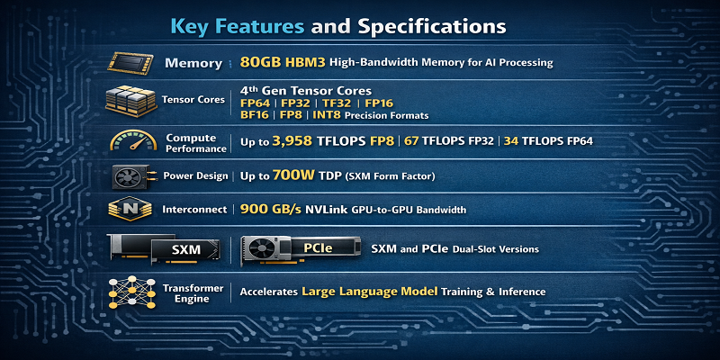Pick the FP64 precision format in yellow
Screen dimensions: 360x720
click(x=257, y=103)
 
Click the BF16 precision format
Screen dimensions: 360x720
click(x=256, y=115)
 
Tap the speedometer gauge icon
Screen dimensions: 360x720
click(x=133, y=140)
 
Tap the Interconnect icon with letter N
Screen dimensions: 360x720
click(x=130, y=209)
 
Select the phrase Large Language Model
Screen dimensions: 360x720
click(x=369, y=292)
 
